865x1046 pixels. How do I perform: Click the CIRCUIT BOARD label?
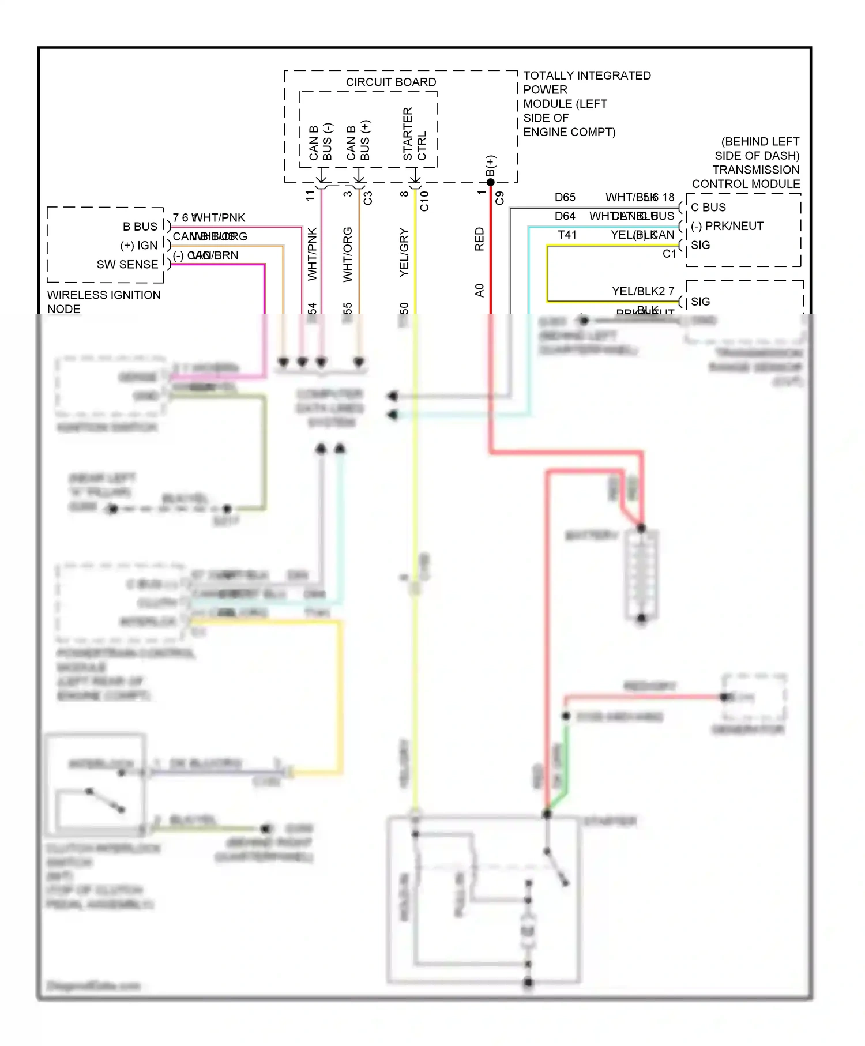tap(390, 82)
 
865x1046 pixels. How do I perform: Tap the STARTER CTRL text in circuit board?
tap(415, 134)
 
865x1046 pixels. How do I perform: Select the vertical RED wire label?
tap(479, 239)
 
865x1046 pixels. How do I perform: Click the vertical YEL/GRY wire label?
tap(404, 253)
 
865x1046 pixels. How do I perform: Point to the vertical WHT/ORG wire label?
tap(348, 255)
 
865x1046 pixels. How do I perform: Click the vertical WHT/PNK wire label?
tap(312, 254)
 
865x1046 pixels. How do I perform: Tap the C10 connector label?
tap(424, 201)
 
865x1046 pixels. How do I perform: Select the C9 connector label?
tap(499, 198)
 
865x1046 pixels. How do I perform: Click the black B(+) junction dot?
tap(491, 182)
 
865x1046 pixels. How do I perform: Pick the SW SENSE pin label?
tap(127, 265)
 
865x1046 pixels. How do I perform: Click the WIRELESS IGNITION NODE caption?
tap(104, 302)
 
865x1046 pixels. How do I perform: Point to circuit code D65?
tap(565, 197)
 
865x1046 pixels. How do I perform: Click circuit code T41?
tap(567, 235)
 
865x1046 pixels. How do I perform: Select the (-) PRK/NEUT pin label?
tap(727, 226)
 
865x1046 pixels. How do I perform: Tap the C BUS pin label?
tap(708, 208)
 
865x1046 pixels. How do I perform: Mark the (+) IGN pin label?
tap(138, 246)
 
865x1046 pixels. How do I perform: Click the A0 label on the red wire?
tap(479, 290)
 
